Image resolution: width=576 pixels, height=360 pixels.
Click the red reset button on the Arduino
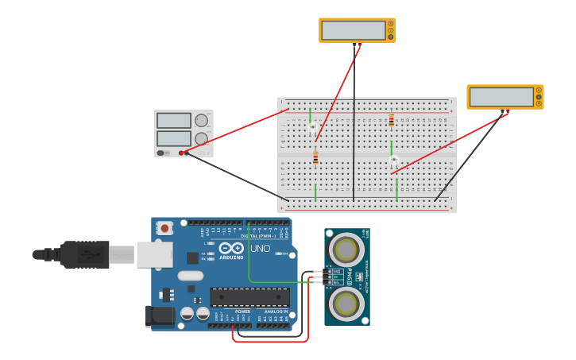point(164,228)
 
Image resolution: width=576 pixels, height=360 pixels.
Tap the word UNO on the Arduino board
point(261,249)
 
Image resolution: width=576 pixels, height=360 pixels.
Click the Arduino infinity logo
point(231,248)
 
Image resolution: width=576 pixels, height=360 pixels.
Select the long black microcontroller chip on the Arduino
point(249,297)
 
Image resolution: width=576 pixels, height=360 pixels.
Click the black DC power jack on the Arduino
point(160,315)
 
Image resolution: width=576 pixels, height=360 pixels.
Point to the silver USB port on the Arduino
point(154,254)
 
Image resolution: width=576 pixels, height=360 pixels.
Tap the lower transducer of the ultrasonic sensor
point(346,302)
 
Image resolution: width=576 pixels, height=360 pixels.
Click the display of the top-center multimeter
point(354,30)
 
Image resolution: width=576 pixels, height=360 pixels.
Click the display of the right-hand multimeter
point(501,97)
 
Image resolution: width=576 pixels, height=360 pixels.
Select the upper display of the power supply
point(174,121)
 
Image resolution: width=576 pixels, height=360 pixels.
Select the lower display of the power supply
point(174,138)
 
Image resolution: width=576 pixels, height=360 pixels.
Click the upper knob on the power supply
point(202,121)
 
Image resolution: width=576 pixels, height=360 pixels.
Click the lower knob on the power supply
point(202,138)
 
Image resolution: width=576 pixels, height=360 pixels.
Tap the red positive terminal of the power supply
point(181,153)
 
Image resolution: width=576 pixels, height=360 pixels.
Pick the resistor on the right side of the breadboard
point(391,120)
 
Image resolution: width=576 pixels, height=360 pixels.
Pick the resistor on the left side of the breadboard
point(315,157)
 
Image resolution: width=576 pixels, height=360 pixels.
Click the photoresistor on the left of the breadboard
point(312,127)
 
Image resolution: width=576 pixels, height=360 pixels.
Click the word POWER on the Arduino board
point(242,312)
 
